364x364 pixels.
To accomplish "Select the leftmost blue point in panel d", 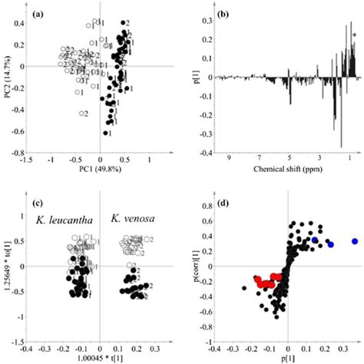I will pyautogui.click(x=315, y=240).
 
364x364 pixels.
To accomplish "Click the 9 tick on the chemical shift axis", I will pyautogui.click(x=228, y=159).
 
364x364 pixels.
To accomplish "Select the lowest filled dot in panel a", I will pyautogui.click(x=105, y=133).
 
